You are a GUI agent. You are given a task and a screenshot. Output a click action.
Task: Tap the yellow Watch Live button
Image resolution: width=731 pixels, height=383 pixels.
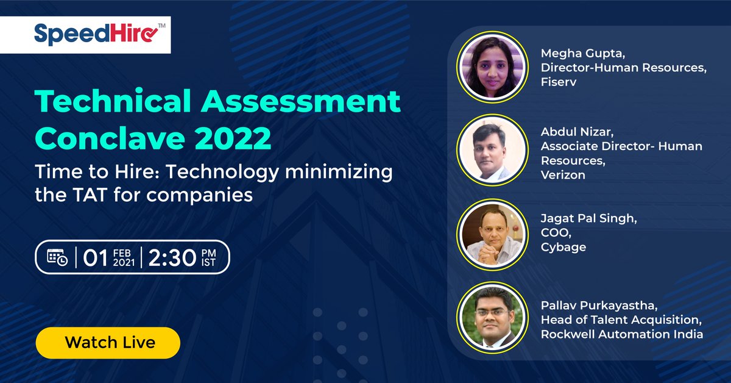tap(108, 342)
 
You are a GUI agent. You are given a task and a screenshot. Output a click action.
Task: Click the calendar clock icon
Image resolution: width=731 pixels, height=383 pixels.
tap(58, 258)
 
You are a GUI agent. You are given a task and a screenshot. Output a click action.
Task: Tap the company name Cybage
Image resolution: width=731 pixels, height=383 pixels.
tap(563, 247)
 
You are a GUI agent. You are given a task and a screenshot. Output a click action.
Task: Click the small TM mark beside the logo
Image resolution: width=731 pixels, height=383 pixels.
tap(162, 24)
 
